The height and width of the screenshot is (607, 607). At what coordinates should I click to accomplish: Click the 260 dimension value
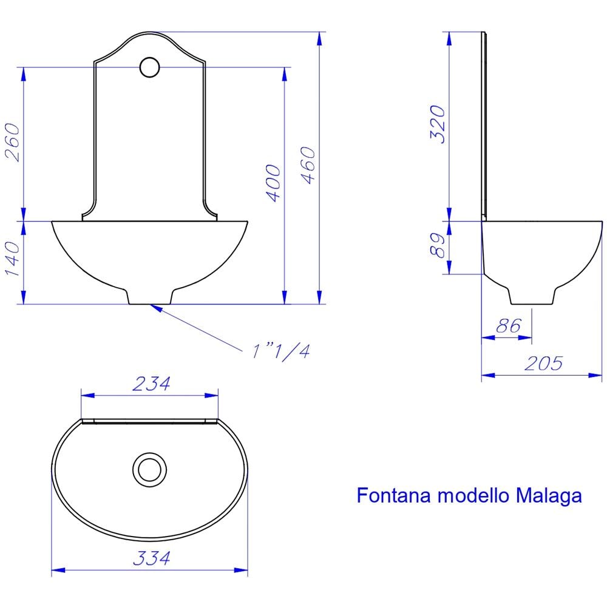tap(15, 143)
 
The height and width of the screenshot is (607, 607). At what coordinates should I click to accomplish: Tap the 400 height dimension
tap(274, 183)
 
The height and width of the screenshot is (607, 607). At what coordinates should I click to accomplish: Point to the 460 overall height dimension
tap(308, 166)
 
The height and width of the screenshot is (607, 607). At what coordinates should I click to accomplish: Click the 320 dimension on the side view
tap(438, 124)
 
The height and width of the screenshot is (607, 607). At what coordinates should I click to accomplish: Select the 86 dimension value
tap(508, 326)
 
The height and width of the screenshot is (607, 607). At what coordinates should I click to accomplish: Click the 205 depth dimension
tap(543, 363)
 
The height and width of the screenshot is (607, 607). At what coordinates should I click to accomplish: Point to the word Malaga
tap(549, 495)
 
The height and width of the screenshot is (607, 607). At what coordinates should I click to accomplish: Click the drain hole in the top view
tap(148, 469)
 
